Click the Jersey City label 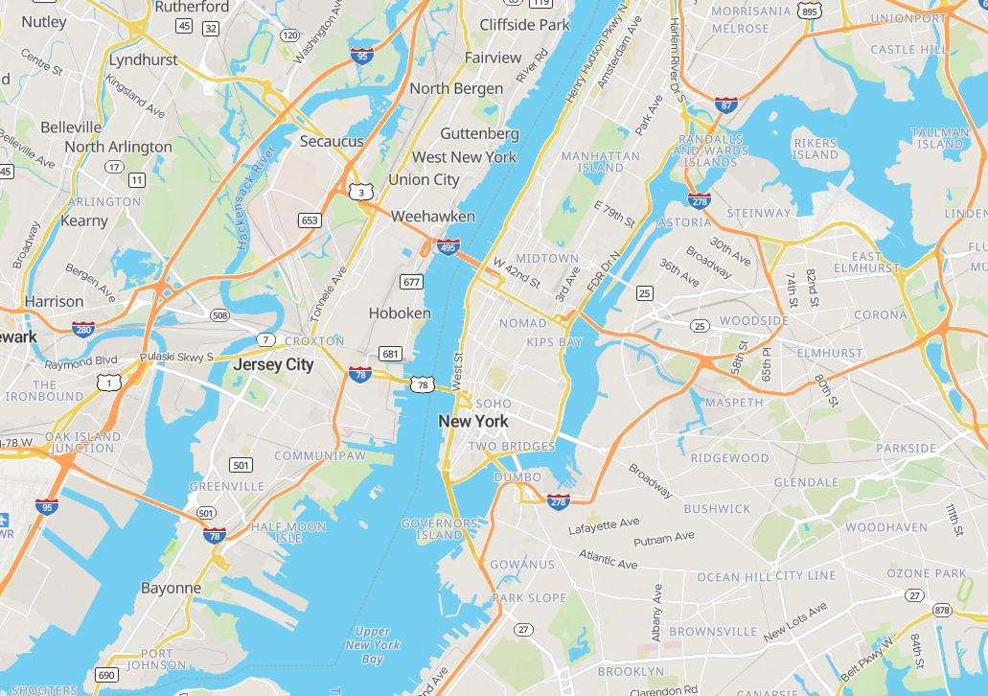pos(273,365)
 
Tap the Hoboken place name pos(400,313)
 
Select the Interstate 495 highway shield pos(448,247)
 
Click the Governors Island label pos(439,529)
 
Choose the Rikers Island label pos(815,149)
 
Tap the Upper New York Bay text pos(372,645)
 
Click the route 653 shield pos(310,220)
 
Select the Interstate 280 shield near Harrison pos(83,329)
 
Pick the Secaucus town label pos(332,142)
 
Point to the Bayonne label pos(171,588)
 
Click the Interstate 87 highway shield pos(726,104)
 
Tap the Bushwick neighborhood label pos(717,509)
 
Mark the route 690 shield pos(105,676)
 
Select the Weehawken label pos(433,217)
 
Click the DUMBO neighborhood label pos(517,477)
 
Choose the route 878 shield pos(941,611)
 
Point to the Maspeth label pos(733,403)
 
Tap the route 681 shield pos(390,354)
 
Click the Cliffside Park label pos(524,25)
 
